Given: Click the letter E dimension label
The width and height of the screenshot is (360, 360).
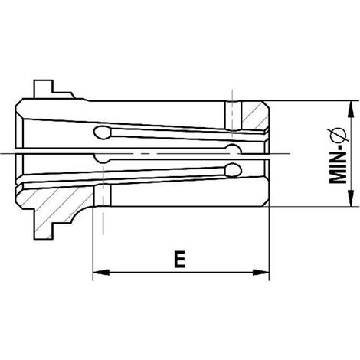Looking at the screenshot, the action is click(x=180, y=260).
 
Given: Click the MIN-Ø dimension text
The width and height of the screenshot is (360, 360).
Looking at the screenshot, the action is click(x=338, y=155).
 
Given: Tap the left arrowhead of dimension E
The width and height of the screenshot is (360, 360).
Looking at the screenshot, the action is click(x=101, y=272).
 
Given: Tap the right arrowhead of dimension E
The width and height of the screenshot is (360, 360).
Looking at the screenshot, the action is click(x=260, y=272).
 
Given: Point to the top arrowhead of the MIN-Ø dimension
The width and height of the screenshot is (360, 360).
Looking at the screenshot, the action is click(x=352, y=110).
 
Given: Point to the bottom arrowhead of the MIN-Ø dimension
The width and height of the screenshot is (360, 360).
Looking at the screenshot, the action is click(x=352, y=198).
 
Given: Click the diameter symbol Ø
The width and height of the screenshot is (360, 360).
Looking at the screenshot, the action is click(x=338, y=135).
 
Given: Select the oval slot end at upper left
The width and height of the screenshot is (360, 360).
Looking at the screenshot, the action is click(x=103, y=133).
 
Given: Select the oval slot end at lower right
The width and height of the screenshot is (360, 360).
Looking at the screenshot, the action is click(x=233, y=170).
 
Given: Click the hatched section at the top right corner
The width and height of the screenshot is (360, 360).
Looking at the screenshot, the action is click(x=254, y=116).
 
